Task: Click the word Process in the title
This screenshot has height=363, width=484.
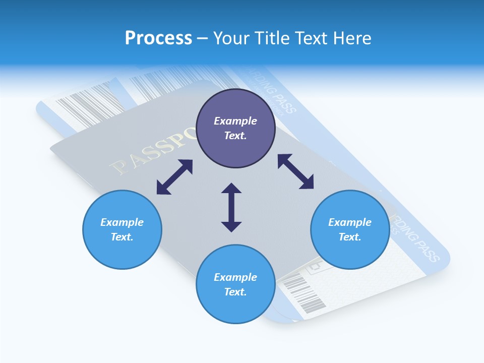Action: pos(158,38)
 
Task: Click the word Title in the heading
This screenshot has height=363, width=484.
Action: pos(271,38)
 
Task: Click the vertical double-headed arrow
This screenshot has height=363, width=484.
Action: pos(231,207)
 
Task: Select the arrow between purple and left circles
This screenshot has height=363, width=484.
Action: pos(174,177)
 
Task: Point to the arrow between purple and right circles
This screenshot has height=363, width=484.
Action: pos(296,171)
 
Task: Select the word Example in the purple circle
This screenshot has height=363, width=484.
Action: pos(235,121)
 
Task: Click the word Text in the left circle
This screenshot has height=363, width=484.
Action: pos(122,237)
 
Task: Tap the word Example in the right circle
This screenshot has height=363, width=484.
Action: pos(350,222)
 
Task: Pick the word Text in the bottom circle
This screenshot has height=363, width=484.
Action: pos(235,292)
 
